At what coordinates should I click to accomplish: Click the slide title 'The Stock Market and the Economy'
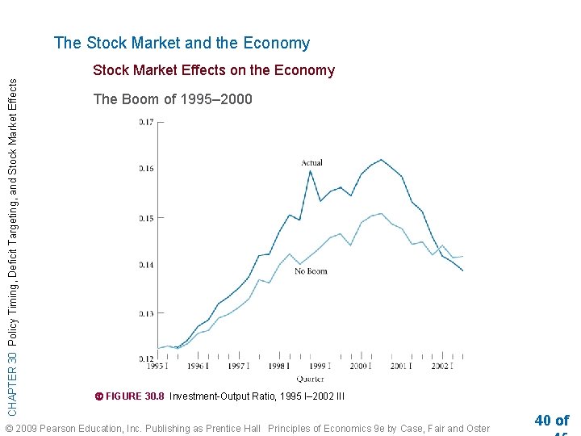182,44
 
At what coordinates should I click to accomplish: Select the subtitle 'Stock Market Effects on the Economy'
213,70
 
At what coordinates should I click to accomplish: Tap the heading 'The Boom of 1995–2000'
173,99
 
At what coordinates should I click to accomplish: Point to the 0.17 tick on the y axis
145,123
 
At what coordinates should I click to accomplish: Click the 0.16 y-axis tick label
145,170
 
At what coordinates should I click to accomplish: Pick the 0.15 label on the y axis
145,218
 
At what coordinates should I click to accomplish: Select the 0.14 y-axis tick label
145,265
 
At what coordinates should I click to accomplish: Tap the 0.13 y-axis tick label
145,312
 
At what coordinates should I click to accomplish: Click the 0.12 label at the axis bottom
145,358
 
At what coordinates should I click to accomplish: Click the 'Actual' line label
311,163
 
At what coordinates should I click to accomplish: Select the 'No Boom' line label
311,271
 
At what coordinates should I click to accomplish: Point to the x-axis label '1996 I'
197,367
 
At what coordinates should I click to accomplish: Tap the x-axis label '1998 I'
279,367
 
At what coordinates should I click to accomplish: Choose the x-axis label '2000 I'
361,367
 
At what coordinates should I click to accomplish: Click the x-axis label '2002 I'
442,367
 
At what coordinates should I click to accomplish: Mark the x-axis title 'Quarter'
310,378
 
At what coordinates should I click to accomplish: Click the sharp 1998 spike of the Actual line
310,170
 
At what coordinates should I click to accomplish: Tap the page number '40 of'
551,420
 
